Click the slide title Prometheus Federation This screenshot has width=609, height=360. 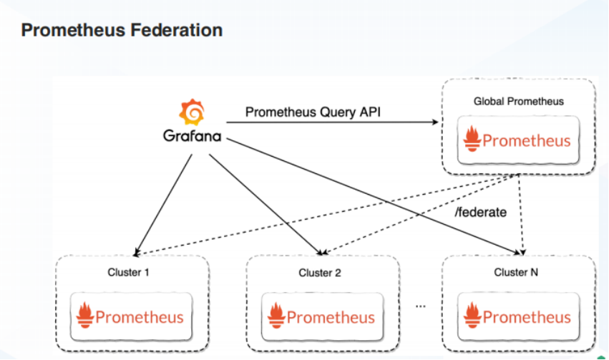[x=122, y=30]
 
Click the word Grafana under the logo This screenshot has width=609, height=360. [x=192, y=136]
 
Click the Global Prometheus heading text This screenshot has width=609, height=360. [x=518, y=101]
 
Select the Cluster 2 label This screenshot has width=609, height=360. [x=320, y=273]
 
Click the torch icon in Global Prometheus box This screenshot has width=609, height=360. [x=473, y=138]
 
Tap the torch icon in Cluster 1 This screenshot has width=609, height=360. [x=86, y=316]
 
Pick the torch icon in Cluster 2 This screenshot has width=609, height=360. [x=277, y=316]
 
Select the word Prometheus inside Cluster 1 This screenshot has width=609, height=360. [x=140, y=316]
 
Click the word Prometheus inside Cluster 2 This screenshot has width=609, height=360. [x=331, y=316]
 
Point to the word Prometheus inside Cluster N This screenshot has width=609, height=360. [x=527, y=316]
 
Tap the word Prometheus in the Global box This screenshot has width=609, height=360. [x=527, y=140]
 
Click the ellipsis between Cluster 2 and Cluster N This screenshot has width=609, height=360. [x=420, y=306]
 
